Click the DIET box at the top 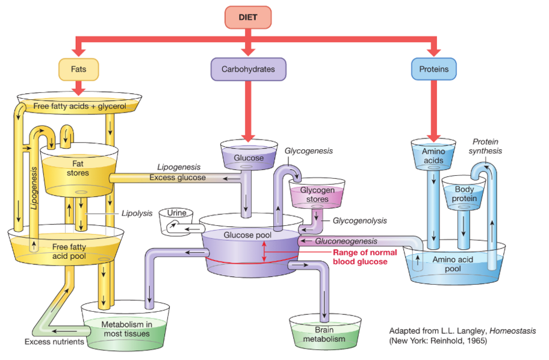pyautogui.click(x=248, y=17)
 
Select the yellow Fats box pyautogui.click(x=78, y=69)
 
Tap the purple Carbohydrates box pyautogui.click(x=248, y=69)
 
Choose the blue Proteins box pyautogui.click(x=434, y=69)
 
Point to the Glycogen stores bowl pyautogui.click(x=317, y=194)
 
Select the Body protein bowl pyautogui.click(x=464, y=194)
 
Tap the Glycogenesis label pyautogui.click(x=308, y=151)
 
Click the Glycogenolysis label pyautogui.click(x=359, y=220)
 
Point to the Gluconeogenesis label pyautogui.click(x=346, y=241)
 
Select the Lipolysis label pyautogui.click(x=137, y=213)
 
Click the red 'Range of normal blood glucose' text pyautogui.click(x=365, y=257)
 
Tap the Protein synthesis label pyautogui.click(x=485, y=146)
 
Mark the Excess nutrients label pyautogui.click(x=54, y=342)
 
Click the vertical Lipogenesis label pyautogui.click(x=34, y=188)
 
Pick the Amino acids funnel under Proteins pyautogui.click(x=433, y=155)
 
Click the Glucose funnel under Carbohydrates pyautogui.click(x=249, y=155)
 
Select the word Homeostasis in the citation pyautogui.click(x=513, y=331)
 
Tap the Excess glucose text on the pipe pyautogui.click(x=178, y=178)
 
